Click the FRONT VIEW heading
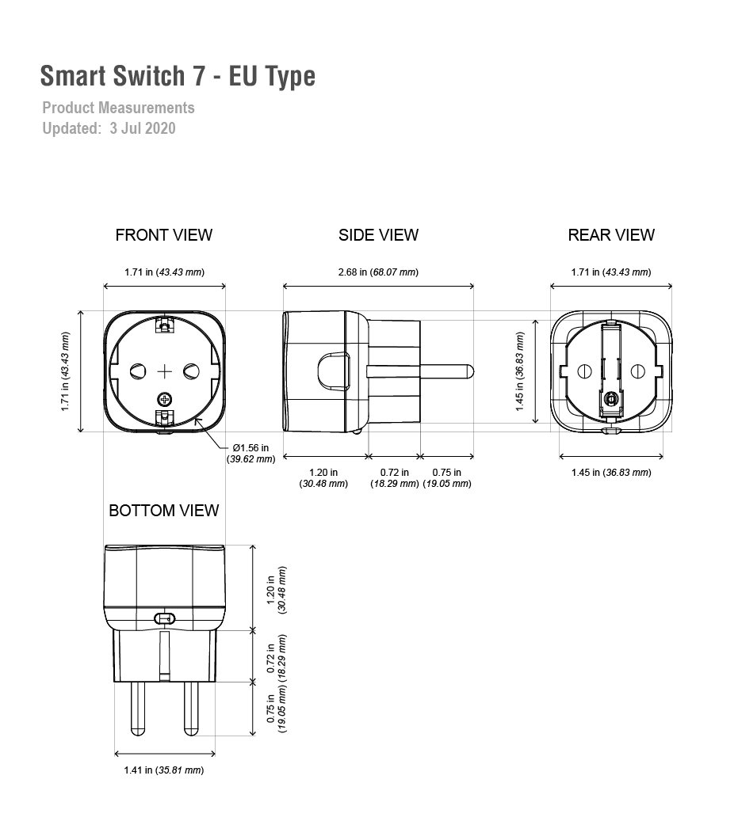click(164, 235)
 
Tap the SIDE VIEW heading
click(378, 235)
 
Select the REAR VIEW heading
click(611, 235)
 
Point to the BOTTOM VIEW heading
click(164, 511)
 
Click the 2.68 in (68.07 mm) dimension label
click(378, 272)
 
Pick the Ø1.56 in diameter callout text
click(250, 453)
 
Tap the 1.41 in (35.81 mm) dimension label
click(164, 770)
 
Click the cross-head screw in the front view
click(166, 399)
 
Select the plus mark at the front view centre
click(165, 371)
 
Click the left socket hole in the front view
click(138, 371)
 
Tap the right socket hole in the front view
click(191, 371)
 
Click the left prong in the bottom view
click(138, 708)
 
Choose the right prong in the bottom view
click(191, 708)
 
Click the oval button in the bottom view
click(164, 618)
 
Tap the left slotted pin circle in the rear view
click(585, 371)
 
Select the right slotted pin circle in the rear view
click(638, 371)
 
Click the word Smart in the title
click(73, 76)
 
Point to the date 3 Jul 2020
click(143, 128)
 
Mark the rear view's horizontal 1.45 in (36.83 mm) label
click(611, 473)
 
